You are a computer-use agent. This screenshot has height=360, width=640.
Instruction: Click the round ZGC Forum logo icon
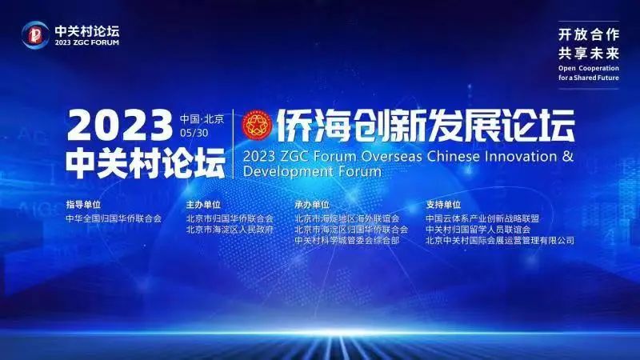(35, 34)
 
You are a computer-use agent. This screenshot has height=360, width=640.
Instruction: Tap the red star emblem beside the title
(257, 125)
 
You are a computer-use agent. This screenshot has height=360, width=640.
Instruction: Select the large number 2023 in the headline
(119, 126)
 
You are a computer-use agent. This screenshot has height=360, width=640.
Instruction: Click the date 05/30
(194, 133)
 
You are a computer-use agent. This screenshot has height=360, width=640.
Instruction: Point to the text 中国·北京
(202, 118)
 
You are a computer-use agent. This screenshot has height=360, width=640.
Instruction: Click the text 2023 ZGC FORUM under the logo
(87, 42)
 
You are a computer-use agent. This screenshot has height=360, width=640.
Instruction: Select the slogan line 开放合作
(589, 34)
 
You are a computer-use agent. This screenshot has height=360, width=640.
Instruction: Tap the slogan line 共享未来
(589, 53)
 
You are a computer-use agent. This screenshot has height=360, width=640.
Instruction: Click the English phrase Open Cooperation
(589, 68)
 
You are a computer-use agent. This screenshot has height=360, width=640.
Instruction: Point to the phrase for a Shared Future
(589, 78)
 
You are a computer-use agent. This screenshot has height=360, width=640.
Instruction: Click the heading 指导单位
(83, 205)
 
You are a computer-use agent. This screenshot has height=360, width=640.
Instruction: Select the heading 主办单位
(203, 205)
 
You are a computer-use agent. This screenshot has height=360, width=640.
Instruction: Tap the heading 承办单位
(312, 205)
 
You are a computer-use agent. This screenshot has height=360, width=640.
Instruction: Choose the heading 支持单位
(443, 205)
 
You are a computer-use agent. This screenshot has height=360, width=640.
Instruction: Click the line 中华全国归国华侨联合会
(114, 218)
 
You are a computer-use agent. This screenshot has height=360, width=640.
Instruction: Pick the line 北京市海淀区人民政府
(230, 230)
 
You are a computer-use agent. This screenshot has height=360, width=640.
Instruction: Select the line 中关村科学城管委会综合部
(347, 241)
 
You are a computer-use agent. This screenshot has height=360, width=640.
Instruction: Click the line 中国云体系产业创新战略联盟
(482, 218)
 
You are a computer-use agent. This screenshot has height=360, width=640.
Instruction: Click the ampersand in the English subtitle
(568, 156)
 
